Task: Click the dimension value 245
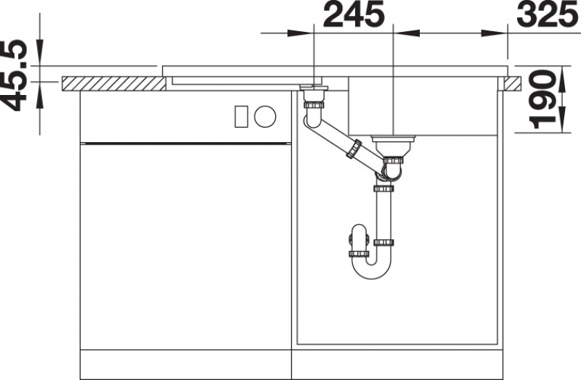tap(354, 15)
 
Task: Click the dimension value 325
tap(548, 15)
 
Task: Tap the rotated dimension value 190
tap(543, 99)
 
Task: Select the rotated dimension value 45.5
tap(15, 75)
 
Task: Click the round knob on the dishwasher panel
tap(265, 116)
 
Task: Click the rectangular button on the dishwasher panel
tap(241, 116)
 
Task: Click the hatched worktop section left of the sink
tap(113, 83)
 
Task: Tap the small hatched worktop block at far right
tap(513, 83)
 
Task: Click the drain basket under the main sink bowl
tap(393, 146)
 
